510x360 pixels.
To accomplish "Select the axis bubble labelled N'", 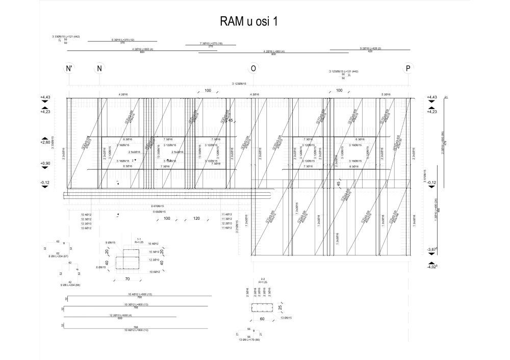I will click(x=69, y=69).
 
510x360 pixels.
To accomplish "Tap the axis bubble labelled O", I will click(x=252, y=69).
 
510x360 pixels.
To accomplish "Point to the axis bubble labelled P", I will click(x=407, y=69).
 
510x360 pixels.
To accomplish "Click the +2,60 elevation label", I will click(x=45, y=143).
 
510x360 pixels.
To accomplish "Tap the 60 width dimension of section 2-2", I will click(x=261, y=320).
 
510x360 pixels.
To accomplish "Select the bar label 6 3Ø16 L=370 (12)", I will click(x=122, y=39).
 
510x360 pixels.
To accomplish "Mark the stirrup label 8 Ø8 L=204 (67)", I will click(x=58, y=256).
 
